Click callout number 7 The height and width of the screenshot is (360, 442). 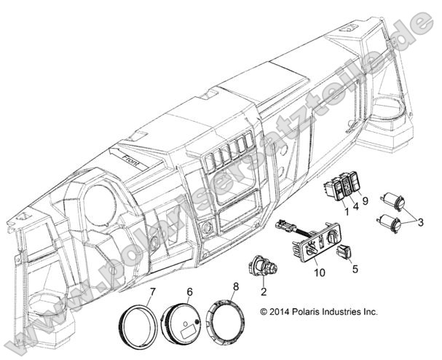[152, 292]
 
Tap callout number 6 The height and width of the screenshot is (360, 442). [190, 292]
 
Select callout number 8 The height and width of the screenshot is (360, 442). [236, 286]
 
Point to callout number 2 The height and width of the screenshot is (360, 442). [264, 291]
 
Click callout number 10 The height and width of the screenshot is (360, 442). [320, 273]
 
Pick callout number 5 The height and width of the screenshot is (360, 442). [355, 269]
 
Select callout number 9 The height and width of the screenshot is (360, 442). [365, 201]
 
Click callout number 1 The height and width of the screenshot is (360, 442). [347, 211]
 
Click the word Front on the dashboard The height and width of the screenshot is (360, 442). [131, 160]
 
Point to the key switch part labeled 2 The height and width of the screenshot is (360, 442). [263, 267]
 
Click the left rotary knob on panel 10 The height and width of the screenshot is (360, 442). [311, 249]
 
